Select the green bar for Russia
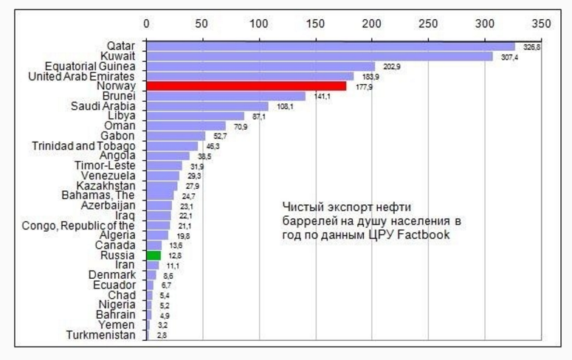[154, 255]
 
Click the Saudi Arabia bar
[207, 106]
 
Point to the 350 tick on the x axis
[541, 24]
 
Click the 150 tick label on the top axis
[316, 24]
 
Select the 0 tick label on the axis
[147, 24]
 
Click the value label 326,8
[531, 46]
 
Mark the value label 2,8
[162, 336]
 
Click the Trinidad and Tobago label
[83, 146]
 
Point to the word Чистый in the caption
[303, 207]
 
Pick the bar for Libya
[195, 117]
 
